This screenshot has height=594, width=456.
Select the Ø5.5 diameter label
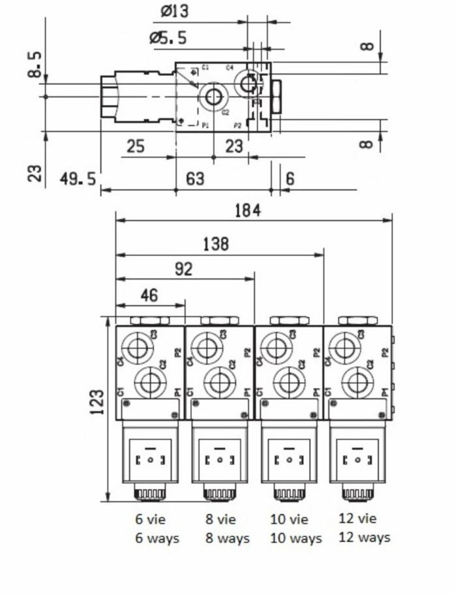pos(168,38)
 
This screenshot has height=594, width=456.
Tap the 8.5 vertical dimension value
pos(36,64)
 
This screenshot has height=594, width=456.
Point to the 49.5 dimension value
pos(78,178)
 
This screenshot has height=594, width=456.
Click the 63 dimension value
pos(195,178)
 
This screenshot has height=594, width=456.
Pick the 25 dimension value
pos(136,146)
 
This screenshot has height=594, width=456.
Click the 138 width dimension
pos(216,244)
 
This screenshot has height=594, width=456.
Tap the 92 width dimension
pos(184,268)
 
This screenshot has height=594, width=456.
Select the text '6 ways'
pos(157,539)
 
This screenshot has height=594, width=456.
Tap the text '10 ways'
pos(295,539)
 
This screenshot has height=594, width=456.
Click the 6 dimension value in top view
pos(290,178)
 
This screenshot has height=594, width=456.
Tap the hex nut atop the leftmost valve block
pos(150,321)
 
